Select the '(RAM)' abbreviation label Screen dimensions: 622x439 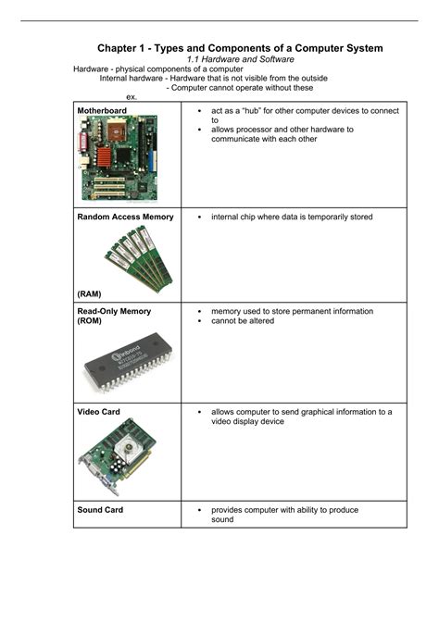[90, 293]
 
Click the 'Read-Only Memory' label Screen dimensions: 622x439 [114, 312]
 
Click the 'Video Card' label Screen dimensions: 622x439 [98, 411]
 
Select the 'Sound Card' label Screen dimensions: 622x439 [100, 510]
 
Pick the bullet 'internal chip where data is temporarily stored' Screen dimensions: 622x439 [292, 217]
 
